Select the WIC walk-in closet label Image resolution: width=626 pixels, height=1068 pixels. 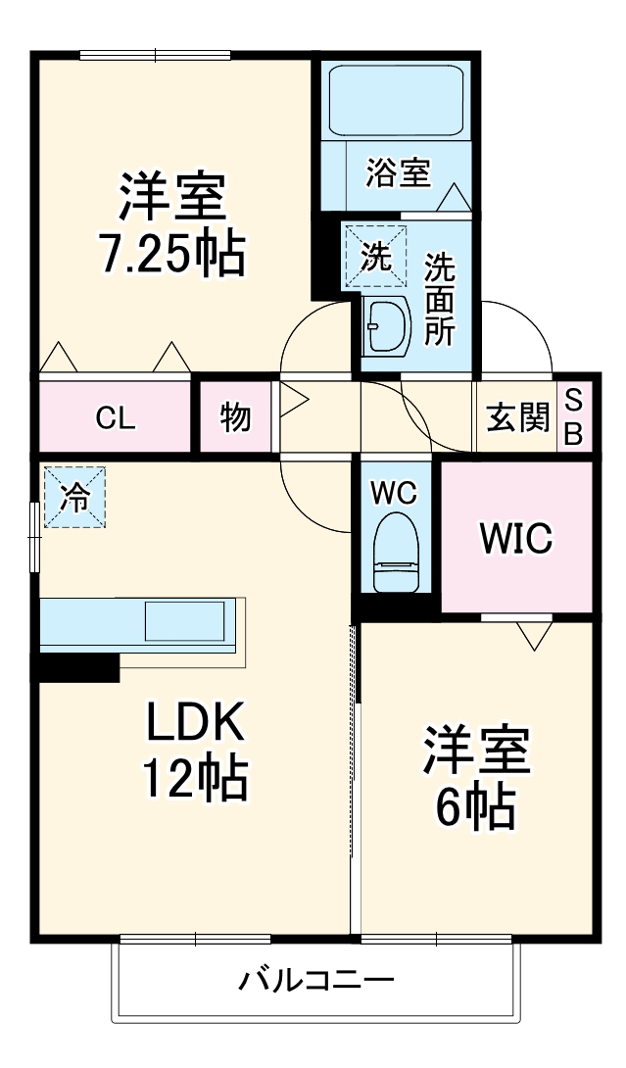[515, 537]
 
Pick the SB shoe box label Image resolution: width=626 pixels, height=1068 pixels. [574, 417]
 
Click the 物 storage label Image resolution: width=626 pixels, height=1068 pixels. [235, 418]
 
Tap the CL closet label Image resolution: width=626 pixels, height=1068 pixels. [115, 418]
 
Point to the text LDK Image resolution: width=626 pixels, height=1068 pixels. [194, 725]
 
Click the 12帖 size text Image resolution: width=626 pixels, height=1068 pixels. [194, 779]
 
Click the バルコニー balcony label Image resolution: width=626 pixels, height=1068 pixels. [315, 980]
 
